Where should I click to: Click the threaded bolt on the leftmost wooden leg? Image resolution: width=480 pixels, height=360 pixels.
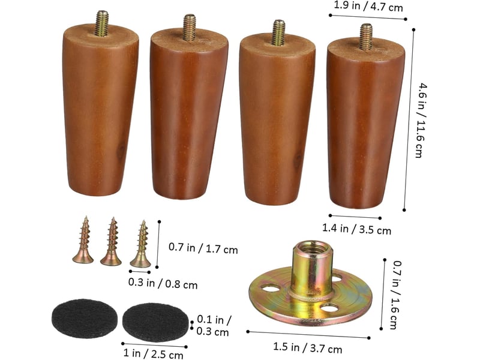click(102, 23)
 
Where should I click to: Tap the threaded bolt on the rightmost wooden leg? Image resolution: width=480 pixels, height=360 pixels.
click(366, 37)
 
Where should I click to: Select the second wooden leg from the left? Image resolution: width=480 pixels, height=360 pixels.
click(189, 107)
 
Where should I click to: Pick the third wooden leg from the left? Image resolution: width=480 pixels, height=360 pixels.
click(277, 113)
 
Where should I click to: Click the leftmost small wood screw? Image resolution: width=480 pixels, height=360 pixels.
click(83, 240)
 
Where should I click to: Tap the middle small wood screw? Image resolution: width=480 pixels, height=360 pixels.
click(111, 242)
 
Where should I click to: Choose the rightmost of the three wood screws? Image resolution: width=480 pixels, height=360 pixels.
click(141, 244)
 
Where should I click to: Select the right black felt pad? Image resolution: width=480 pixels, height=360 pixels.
click(155, 322)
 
